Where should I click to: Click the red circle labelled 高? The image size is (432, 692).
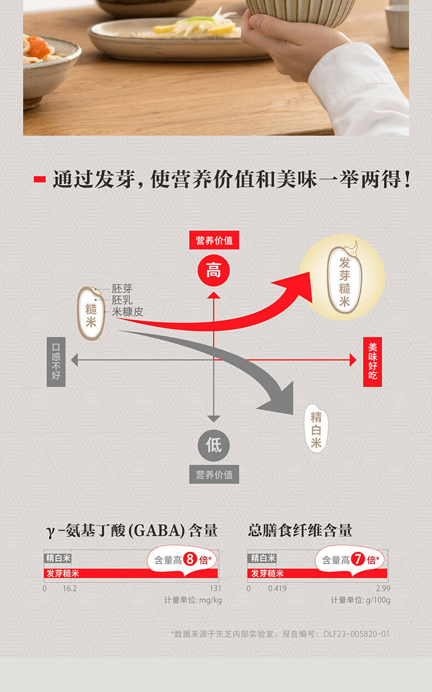[x=213, y=270]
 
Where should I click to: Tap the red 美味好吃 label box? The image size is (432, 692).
[x=372, y=362]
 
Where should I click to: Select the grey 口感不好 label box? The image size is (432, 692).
[x=56, y=362]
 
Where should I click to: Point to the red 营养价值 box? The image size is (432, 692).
[x=214, y=241]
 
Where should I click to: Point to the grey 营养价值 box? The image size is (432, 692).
[x=214, y=475]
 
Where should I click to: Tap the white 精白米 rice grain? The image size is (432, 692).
[x=316, y=428]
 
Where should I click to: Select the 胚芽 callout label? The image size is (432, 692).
[x=122, y=289]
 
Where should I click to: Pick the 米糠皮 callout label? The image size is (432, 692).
[x=127, y=312]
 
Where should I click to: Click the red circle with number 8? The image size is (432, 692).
[x=190, y=560]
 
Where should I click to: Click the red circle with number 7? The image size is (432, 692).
[x=358, y=560]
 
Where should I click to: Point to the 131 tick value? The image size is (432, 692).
[x=215, y=589]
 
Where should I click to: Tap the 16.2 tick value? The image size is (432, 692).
[x=69, y=589]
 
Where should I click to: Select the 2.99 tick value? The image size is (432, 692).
[x=383, y=589]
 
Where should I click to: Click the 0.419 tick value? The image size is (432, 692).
[x=277, y=589]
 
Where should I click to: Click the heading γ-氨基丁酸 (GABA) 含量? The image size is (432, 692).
[x=132, y=530]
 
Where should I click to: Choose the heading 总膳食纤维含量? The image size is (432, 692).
[x=300, y=530]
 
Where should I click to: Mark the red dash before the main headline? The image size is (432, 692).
[x=39, y=179]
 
